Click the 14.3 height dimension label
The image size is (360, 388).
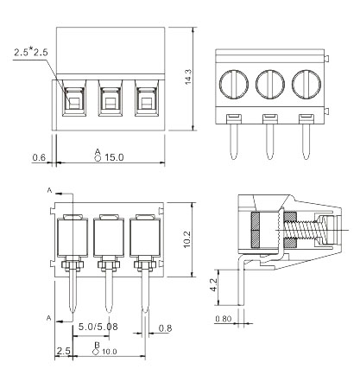(x=188, y=77)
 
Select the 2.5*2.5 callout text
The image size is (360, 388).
(x=31, y=53)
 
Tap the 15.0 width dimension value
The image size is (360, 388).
(x=114, y=157)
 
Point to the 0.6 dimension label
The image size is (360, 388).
(x=39, y=157)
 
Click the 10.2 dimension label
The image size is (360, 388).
(x=186, y=239)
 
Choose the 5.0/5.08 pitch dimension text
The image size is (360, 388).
(x=98, y=327)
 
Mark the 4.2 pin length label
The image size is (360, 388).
(x=213, y=284)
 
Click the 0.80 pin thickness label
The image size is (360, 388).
(x=224, y=319)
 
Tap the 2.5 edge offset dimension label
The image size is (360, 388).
(x=63, y=351)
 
